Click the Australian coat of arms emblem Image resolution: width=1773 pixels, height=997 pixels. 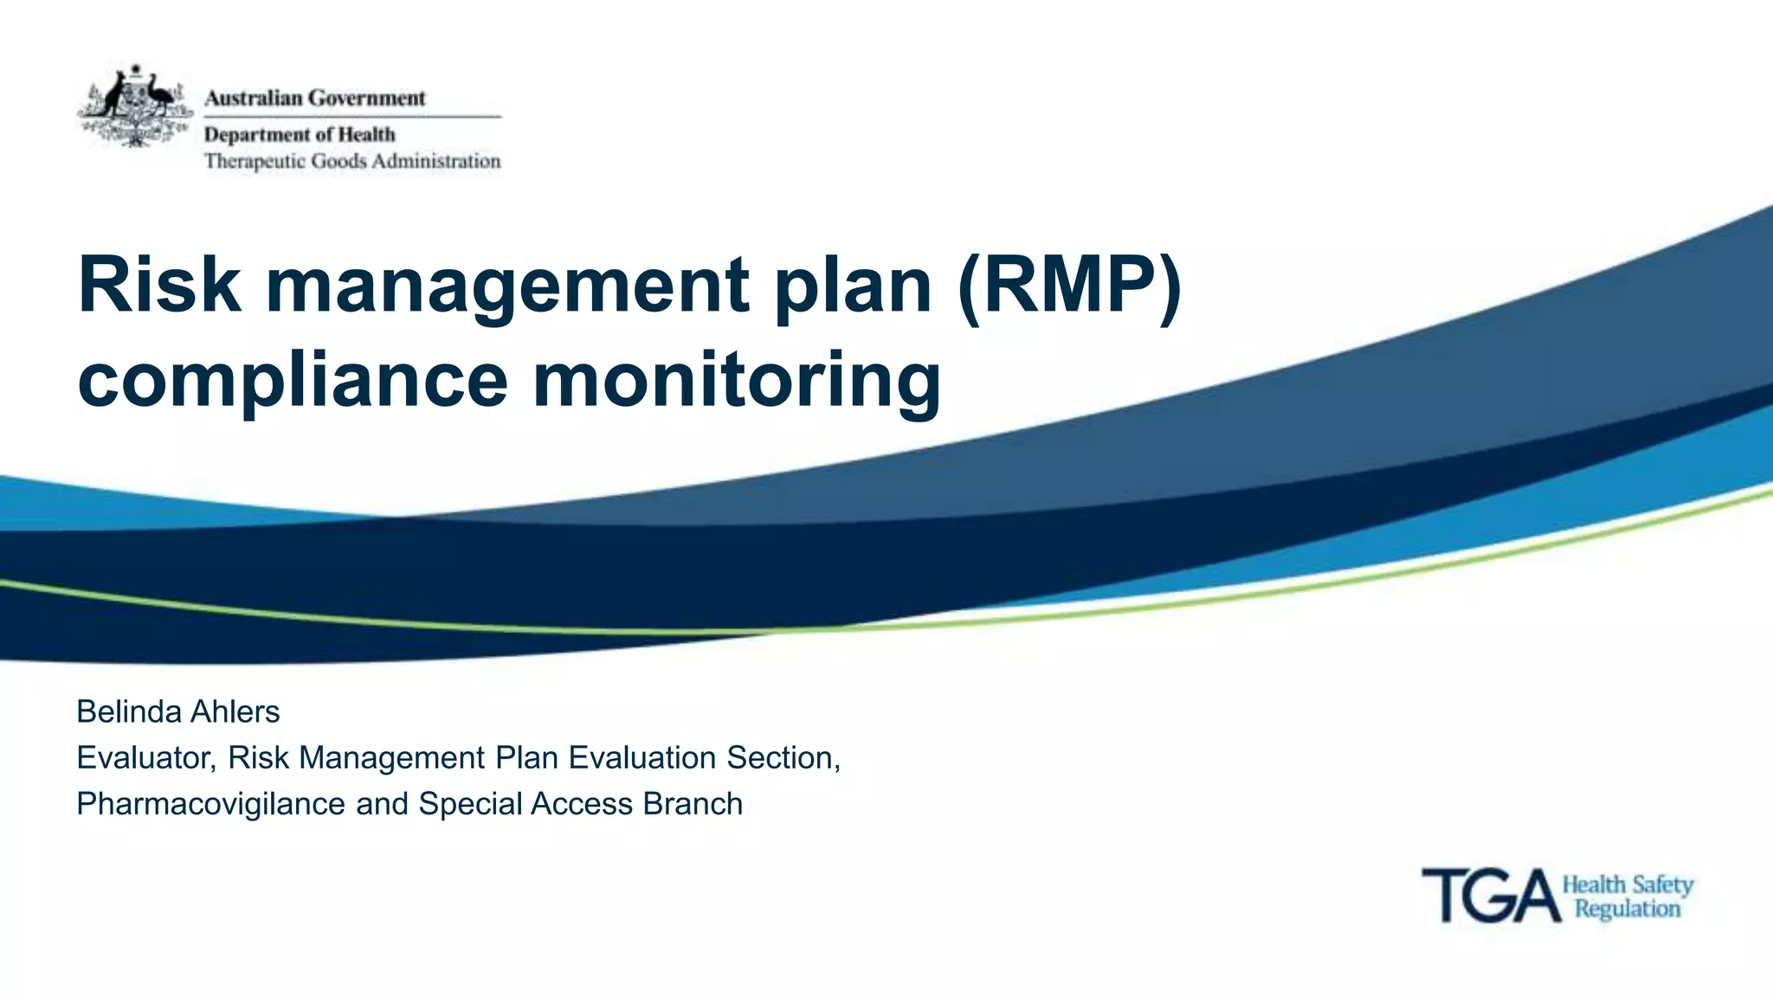(x=135, y=106)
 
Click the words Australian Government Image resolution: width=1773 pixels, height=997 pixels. (x=315, y=98)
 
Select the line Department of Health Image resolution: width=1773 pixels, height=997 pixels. (x=300, y=134)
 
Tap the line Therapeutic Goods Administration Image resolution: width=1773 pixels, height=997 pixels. (x=352, y=161)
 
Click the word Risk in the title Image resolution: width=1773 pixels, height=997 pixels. (x=159, y=285)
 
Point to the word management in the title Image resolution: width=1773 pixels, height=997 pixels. (x=507, y=286)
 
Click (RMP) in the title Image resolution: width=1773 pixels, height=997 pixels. (x=1069, y=285)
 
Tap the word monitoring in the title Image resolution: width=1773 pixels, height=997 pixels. (x=736, y=382)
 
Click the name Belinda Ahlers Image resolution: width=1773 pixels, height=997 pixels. (x=178, y=711)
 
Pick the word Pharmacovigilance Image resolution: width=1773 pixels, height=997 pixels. (x=211, y=804)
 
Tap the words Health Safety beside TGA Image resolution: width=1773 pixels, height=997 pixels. (x=1628, y=885)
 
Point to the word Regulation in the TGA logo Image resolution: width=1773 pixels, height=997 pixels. (x=1628, y=909)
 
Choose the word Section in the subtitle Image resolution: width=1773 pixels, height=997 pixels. (x=782, y=758)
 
